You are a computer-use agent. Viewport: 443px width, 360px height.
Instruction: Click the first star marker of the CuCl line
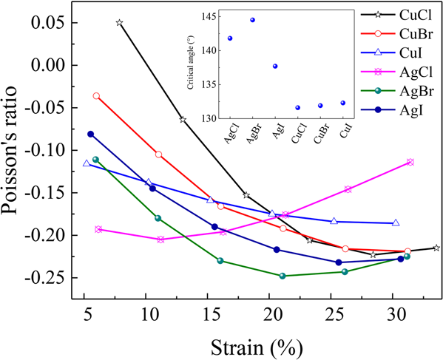click(119, 23)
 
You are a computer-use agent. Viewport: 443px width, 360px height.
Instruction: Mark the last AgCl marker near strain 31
click(410, 162)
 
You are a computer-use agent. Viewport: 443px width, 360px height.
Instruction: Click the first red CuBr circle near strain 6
click(96, 96)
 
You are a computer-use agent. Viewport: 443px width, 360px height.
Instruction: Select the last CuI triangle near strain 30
click(396, 223)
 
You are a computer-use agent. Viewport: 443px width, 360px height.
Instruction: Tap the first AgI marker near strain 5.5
click(90, 134)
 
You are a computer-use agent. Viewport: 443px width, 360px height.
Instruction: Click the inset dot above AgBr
click(252, 20)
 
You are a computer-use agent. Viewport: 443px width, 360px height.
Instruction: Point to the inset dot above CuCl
click(297, 107)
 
